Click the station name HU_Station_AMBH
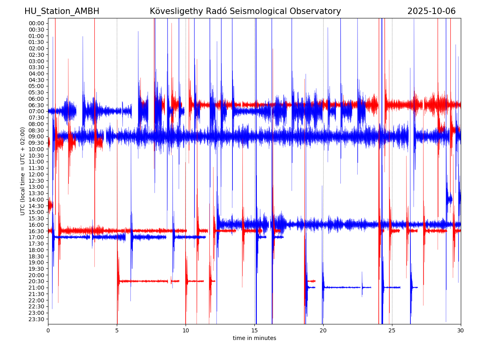click(x=62, y=11)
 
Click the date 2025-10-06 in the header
click(x=431, y=11)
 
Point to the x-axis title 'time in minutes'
click(x=254, y=338)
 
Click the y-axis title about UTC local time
click(x=23, y=171)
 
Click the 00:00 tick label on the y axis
click(x=36, y=23)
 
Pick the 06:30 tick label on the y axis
click(x=36, y=105)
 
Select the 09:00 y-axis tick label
click(x=36, y=136)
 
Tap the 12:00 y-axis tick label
click(x=36, y=174)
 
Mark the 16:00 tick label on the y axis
click(x=36, y=225)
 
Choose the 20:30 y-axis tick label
click(x=36, y=281)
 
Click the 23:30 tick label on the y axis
click(x=36, y=319)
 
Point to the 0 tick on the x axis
click(x=48, y=331)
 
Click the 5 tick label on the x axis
click(x=117, y=331)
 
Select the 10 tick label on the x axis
click(x=186, y=331)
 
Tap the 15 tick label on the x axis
click(x=254, y=331)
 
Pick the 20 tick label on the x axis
click(x=323, y=331)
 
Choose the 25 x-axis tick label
click(x=392, y=331)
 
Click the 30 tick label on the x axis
click(x=461, y=331)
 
